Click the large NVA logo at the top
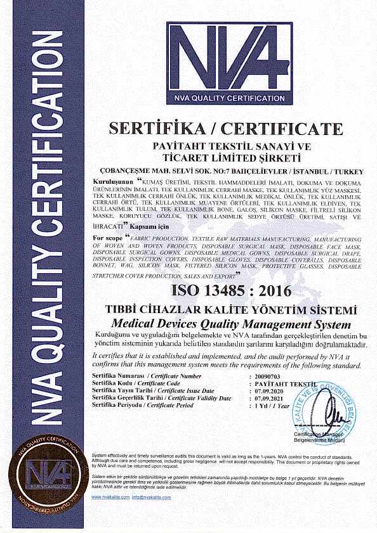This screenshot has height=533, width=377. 229,62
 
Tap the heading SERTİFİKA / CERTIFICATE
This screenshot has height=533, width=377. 226,129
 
